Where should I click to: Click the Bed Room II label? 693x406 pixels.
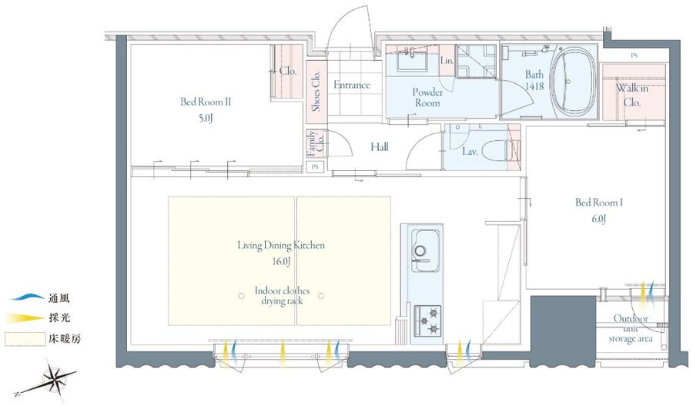(206, 102)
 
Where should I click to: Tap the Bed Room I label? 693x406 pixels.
(599, 203)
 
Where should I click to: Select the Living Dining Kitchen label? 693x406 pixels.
(281, 246)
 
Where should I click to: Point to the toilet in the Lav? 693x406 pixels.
(497, 150)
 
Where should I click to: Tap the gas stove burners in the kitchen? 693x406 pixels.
(427, 320)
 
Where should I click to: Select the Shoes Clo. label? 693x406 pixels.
(316, 92)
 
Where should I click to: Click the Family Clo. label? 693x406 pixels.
(316, 143)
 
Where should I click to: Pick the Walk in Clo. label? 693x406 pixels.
(632, 95)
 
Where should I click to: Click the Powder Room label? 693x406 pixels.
(427, 98)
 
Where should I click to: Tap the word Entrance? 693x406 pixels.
(352, 85)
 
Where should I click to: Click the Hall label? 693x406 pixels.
(380, 147)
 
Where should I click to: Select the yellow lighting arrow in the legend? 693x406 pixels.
(25, 318)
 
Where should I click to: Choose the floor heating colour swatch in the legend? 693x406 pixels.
(25, 339)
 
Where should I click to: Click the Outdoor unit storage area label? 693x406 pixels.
(631, 329)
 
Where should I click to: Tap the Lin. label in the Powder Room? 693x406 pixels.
(447, 61)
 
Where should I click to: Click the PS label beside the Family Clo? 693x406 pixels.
(315, 167)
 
